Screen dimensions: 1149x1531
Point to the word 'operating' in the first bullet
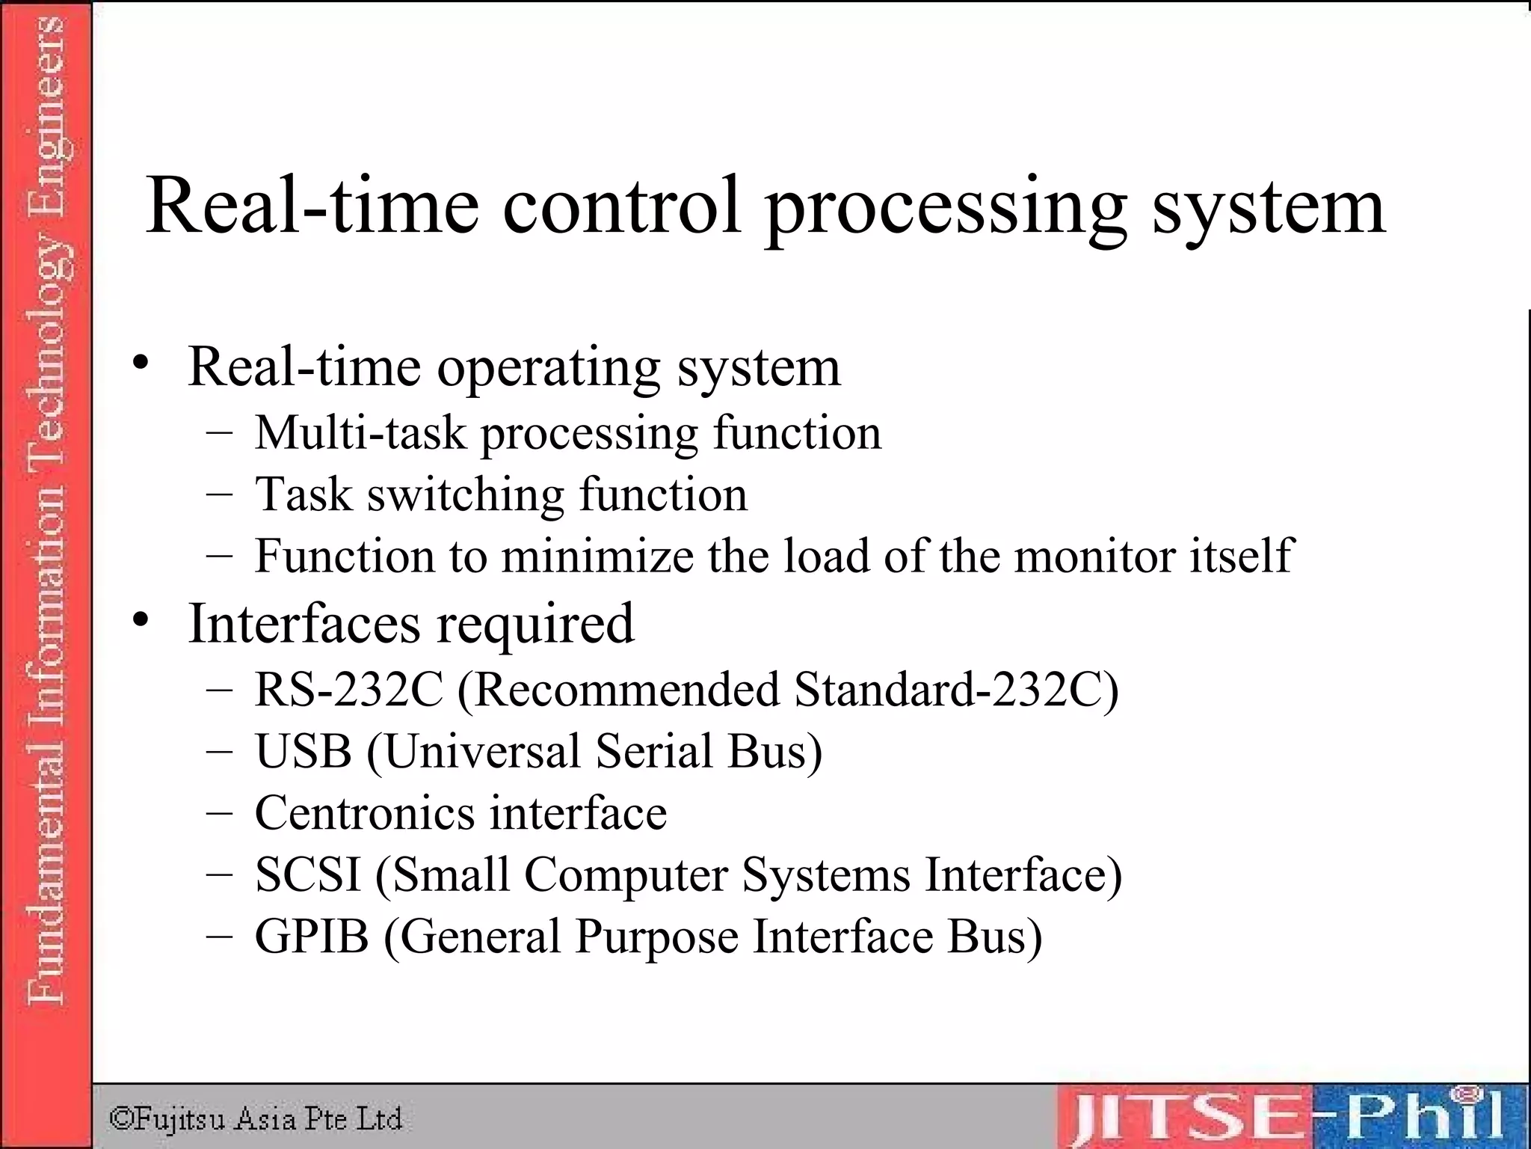[549, 370]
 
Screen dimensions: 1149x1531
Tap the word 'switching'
[466, 495]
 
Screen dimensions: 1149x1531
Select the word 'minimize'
[597, 556]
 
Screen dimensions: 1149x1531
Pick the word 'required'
[535, 624]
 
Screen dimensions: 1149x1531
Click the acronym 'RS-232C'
[349, 689]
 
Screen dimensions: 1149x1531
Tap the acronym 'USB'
[304, 751]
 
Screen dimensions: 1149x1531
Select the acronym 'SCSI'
[308, 874]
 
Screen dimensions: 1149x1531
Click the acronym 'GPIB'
[312, 937]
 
